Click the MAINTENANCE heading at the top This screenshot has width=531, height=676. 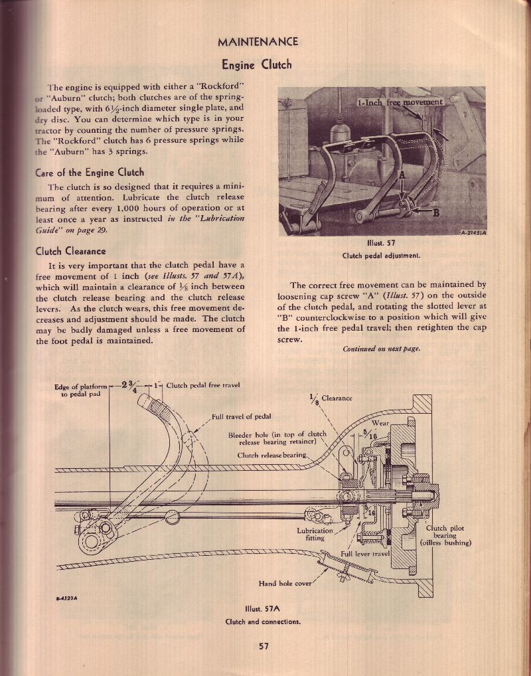pyautogui.click(x=258, y=42)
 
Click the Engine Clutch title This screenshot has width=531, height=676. pyautogui.click(x=257, y=64)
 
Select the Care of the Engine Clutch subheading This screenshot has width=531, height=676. pyautogui.click(x=90, y=173)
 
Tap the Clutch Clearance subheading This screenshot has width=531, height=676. pyautogui.click(x=70, y=251)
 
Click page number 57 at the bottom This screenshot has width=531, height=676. pyautogui.click(x=264, y=646)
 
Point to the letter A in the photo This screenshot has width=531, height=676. pyautogui.click(x=402, y=175)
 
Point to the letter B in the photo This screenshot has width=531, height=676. pyautogui.click(x=435, y=212)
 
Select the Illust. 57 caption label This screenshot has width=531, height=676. pyautogui.click(x=381, y=243)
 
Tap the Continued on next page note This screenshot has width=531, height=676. pyautogui.click(x=381, y=349)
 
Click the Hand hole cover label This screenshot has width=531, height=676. pyautogui.click(x=285, y=584)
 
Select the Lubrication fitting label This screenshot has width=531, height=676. pyautogui.click(x=315, y=535)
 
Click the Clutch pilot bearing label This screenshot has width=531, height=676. pyautogui.click(x=445, y=535)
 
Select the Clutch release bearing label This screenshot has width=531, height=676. pyautogui.click(x=272, y=456)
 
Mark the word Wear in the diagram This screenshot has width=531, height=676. pyautogui.click(x=380, y=423)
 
